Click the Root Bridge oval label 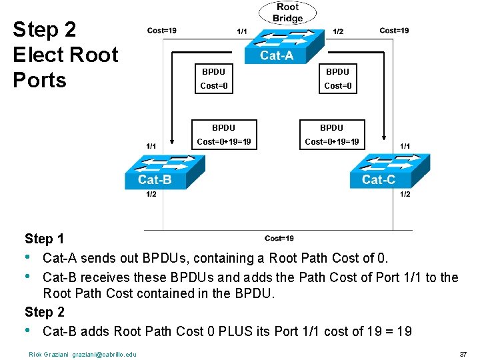click(288, 13)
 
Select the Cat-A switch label click(277, 55)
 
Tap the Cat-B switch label click(155, 179)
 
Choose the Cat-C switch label click(379, 179)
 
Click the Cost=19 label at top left click(162, 30)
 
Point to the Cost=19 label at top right click(394, 30)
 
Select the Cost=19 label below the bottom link click(279, 238)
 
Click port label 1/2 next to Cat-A click(338, 31)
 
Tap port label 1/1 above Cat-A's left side click(242, 31)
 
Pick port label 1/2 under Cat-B click(151, 194)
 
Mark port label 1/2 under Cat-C click(405, 194)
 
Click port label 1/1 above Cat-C click(405, 146)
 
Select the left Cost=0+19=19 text click(223, 141)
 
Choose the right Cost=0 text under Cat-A click(337, 85)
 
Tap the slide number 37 click(463, 353)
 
